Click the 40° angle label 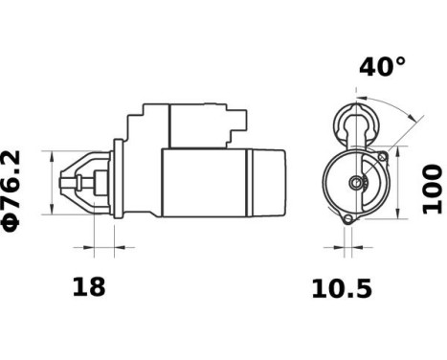382,67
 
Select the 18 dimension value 89,286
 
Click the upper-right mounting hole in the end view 382,156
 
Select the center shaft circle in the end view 357,183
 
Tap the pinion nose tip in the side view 65,182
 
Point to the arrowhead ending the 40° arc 417,119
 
